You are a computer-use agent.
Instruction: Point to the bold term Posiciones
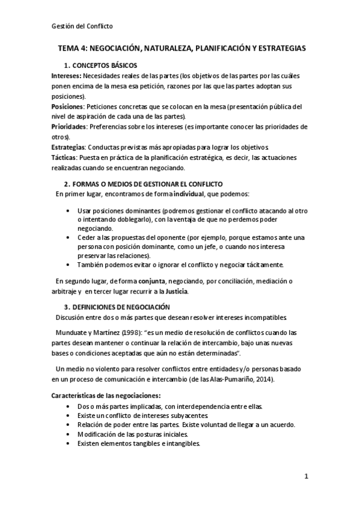(67, 106)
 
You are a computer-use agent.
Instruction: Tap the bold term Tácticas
(64, 157)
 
